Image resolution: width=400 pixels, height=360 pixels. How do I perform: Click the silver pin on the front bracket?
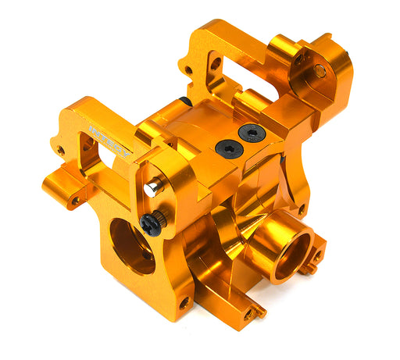tap(152, 188)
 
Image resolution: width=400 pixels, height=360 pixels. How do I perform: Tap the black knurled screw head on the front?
tap(152, 224)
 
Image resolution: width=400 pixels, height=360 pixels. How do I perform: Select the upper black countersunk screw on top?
tap(252, 134)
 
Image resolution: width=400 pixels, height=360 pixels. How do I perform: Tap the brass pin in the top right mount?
tap(320, 71)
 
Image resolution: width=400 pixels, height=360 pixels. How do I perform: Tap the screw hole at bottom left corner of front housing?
tap(184, 301)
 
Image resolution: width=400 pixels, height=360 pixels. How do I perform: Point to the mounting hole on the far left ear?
tap(60, 150)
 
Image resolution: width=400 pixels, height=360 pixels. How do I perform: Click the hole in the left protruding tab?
tap(76, 201)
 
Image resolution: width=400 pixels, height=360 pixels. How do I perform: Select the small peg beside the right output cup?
tap(316, 262)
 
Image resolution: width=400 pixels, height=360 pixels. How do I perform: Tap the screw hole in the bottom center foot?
tap(248, 313)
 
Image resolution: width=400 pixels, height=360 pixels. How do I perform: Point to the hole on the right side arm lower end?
tap(301, 209)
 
